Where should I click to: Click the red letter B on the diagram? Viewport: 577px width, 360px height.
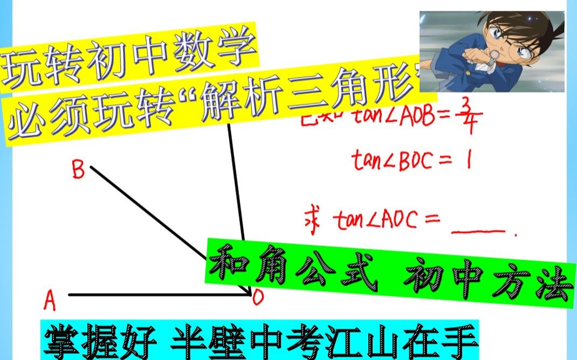coord(78,171)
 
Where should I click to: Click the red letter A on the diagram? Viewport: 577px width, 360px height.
coord(50,301)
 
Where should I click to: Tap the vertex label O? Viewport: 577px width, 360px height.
coord(258,298)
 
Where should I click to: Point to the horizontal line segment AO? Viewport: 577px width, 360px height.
coord(156,295)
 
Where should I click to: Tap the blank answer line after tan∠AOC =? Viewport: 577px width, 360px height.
coord(478,230)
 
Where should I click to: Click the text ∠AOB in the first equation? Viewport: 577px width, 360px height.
coord(410,115)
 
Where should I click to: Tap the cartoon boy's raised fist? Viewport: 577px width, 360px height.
coord(488,59)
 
